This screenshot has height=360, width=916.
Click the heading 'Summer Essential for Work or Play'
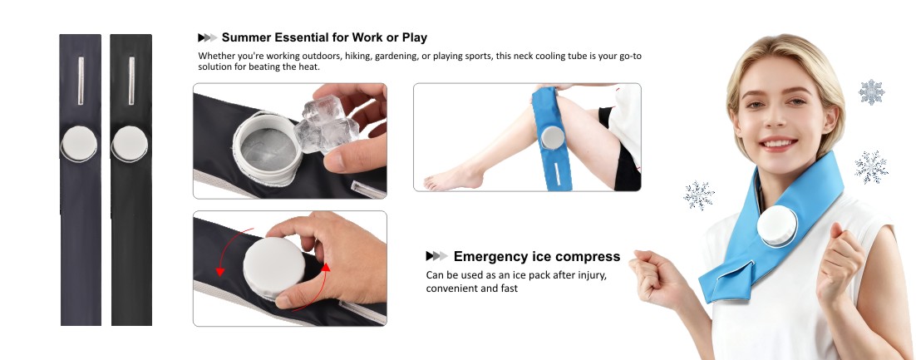tap(324, 37)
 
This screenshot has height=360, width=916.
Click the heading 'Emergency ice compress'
tap(537, 256)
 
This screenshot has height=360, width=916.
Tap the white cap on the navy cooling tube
tap(79, 144)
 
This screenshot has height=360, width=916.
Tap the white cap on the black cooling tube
tap(130, 144)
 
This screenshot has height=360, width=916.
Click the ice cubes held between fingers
tap(327, 126)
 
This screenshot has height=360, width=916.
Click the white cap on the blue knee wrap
tap(552, 137)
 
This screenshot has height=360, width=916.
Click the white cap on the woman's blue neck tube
tap(777, 226)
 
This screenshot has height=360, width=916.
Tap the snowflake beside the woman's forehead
tap(872, 91)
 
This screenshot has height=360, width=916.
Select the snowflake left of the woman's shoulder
tap(699, 195)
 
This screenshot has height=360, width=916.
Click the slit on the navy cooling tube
tap(81, 81)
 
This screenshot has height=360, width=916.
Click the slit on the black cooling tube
tap(131, 81)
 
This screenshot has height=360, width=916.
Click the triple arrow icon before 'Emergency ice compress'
tap(437, 256)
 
